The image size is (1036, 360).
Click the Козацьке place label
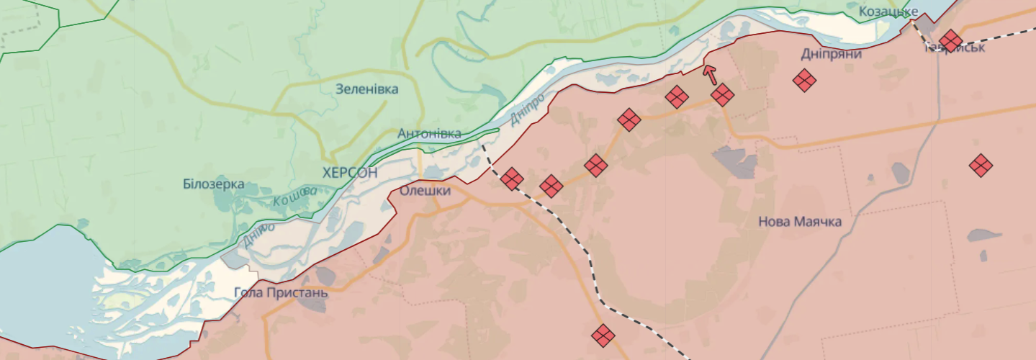point(888,12)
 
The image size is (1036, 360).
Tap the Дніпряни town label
point(832,53)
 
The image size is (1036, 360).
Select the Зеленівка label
point(366,89)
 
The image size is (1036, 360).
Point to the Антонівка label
point(429,133)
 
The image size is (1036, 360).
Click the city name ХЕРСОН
point(350,172)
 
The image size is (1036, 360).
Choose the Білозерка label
point(213,184)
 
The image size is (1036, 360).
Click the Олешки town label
point(425,191)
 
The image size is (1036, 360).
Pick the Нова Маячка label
point(800,222)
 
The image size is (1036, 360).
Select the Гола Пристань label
point(281,293)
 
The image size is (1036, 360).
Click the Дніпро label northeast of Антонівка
point(527,109)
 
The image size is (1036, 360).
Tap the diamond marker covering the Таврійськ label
point(950,41)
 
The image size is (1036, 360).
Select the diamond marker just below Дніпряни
point(804,80)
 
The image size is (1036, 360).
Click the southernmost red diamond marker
point(603,335)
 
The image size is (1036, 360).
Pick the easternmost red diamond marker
point(980,166)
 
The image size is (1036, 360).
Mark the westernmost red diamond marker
point(512,179)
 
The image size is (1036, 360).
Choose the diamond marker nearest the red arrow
point(722,95)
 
